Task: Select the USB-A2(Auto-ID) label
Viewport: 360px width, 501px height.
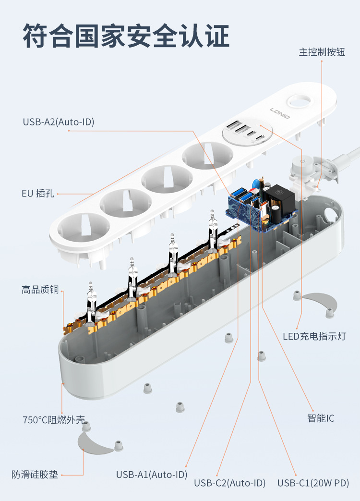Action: (59, 122)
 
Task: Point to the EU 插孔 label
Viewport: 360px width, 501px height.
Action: (38, 194)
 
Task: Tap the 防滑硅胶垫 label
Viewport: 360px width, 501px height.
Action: (35, 475)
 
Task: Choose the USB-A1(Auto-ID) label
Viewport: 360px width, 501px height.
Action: (152, 475)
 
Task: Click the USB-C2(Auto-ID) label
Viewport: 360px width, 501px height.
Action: (229, 483)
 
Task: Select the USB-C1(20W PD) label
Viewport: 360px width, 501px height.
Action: (313, 483)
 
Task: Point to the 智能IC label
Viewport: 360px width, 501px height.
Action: (321, 418)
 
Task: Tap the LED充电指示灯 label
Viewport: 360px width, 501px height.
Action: (314, 336)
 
